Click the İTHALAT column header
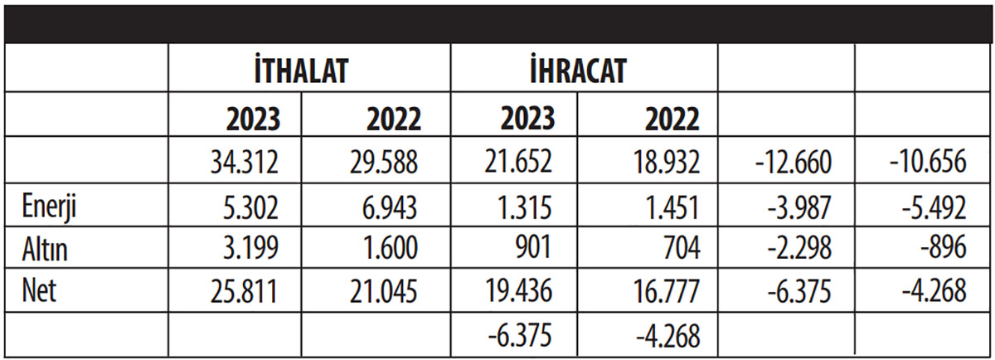(299, 70)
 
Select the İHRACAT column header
(577, 70)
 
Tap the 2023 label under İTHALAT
(253, 119)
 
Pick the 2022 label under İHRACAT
(672, 119)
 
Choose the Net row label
(38, 291)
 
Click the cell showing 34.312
(245, 162)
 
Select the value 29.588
(385, 162)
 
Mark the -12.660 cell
(793, 162)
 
